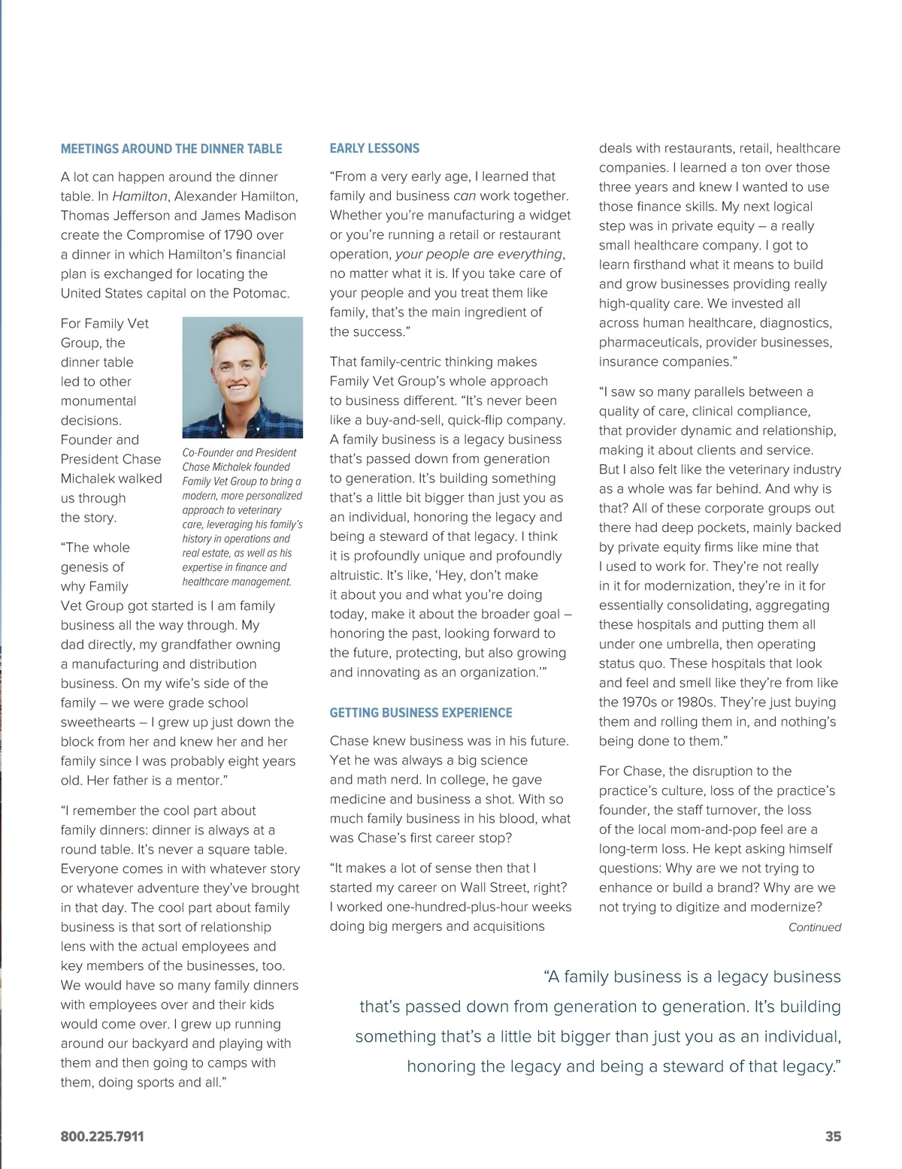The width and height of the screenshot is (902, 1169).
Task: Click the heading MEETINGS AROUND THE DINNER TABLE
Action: tap(171, 149)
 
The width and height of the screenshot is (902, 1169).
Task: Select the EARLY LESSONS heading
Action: tap(374, 149)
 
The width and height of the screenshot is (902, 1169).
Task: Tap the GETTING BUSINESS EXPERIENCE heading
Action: tap(421, 713)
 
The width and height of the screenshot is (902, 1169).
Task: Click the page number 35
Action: tap(833, 1137)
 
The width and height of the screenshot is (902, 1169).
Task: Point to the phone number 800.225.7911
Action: tap(102, 1137)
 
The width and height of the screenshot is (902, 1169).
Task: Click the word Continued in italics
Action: tap(814, 927)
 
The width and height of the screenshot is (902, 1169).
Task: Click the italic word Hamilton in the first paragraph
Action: tap(140, 196)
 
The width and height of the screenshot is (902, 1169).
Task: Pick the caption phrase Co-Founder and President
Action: tap(239, 453)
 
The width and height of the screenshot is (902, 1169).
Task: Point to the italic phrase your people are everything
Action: tap(479, 254)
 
